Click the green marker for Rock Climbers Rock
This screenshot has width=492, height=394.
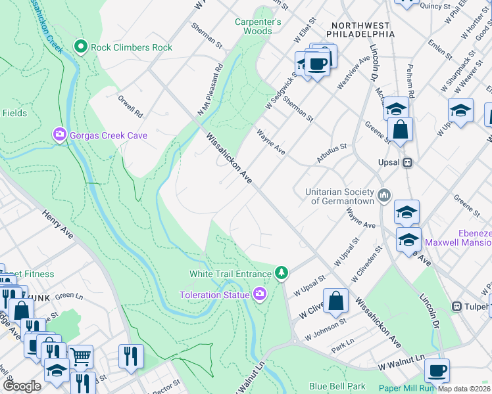(x=81, y=47)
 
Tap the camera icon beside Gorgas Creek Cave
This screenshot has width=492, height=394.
(x=60, y=135)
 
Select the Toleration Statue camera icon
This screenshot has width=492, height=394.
(x=260, y=294)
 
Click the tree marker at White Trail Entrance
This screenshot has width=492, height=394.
(x=282, y=273)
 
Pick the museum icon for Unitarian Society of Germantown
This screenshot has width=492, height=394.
(x=385, y=194)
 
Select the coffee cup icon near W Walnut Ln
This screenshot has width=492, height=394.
(x=437, y=370)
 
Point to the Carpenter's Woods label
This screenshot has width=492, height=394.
(x=258, y=26)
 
